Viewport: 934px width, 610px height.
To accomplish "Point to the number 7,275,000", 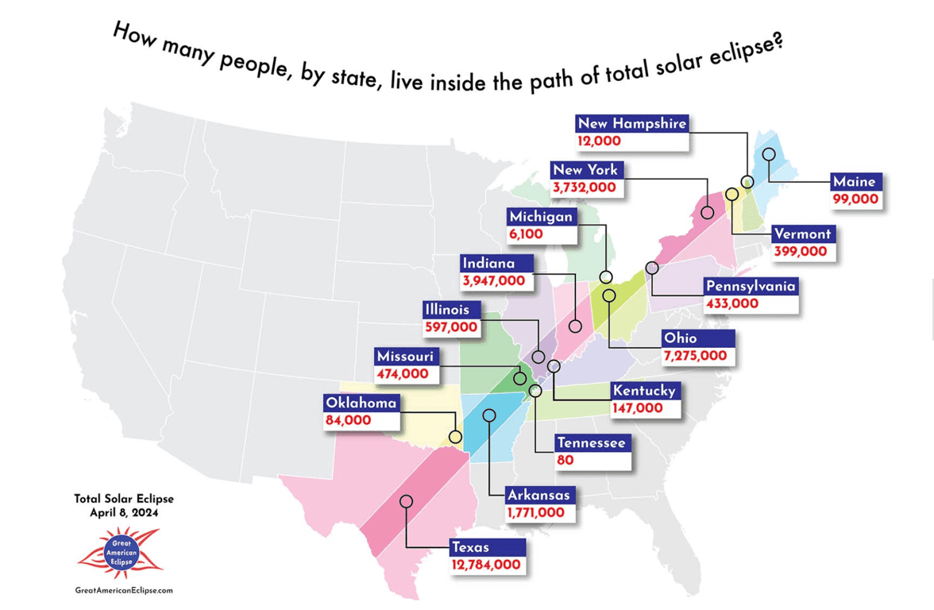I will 695,357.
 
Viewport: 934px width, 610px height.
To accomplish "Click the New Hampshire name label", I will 631,124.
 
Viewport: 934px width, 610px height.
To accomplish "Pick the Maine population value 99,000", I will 855,199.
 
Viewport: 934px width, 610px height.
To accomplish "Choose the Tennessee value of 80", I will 565,460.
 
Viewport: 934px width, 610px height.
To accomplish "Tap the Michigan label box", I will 540,217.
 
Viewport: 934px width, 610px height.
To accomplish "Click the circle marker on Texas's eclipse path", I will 406,501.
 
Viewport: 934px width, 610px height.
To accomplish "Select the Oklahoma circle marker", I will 455,437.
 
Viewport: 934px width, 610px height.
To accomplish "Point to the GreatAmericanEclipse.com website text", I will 123,590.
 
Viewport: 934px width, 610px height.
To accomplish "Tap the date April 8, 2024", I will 124,513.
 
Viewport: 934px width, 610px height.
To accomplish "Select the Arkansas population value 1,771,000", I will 535,513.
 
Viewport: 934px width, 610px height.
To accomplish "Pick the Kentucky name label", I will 643,391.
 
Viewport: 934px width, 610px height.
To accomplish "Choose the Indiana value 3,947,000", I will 493,280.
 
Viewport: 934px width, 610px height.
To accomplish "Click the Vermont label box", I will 801,234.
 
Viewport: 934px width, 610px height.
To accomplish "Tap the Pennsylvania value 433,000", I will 731,303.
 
